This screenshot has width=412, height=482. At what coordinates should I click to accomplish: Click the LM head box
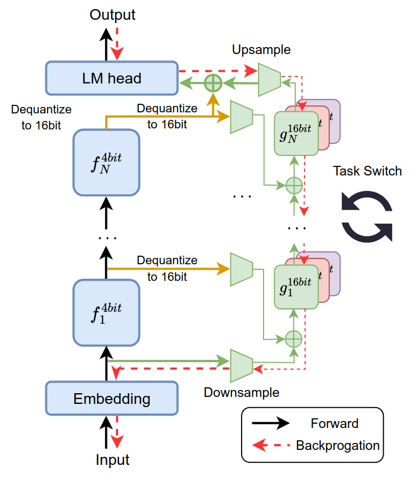pos(111,79)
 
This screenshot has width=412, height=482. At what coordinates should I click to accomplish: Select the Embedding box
pos(111,399)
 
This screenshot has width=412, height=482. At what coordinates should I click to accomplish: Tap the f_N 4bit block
pos(106,162)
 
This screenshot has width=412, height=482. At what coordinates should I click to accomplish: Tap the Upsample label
pos(261,50)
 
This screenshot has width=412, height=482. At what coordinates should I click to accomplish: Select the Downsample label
pos(242,392)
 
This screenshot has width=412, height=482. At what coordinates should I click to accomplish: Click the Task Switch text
pos(367,171)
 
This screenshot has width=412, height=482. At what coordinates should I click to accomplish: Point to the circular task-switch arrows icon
pos(367,216)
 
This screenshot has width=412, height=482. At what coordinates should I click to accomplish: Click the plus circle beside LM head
pos(213,82)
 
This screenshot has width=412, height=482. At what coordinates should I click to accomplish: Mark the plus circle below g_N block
pos(293,186)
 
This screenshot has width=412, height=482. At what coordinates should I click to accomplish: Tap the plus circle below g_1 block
pos(293,338)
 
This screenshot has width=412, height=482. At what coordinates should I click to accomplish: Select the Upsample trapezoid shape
pos(269,80)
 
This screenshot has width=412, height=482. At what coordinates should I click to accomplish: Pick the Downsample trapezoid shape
pos(241,365)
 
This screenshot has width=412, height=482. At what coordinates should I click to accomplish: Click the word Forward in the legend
pos(335,424)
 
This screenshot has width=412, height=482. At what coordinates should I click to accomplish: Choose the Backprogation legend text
pos(338,445)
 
